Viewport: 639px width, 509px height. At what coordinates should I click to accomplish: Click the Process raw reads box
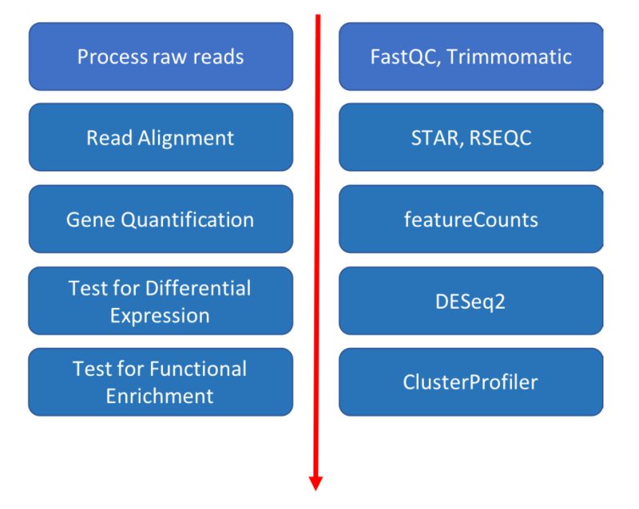[161, 57]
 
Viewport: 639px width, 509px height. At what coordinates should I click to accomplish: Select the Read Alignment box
[161, 137]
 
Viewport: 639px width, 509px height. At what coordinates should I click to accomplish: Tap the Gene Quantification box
[161, 219]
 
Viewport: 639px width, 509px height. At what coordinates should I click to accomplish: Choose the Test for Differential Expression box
[161, 301]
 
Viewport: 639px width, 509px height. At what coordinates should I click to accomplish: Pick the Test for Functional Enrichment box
[161, 382]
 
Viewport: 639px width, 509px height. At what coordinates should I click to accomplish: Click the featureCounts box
[470, 219]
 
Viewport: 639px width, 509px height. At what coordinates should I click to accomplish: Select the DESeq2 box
[470, 301]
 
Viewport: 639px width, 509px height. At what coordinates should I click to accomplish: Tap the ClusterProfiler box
[470, 382]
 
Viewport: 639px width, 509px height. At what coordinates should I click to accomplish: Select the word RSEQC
[501, 138]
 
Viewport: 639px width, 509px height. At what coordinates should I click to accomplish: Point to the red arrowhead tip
[316, 487]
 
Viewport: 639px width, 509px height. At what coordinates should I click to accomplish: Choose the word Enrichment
[160, 396]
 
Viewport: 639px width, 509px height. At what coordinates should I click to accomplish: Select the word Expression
[160, 314]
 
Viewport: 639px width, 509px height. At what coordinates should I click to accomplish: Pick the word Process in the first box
[108, 57]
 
